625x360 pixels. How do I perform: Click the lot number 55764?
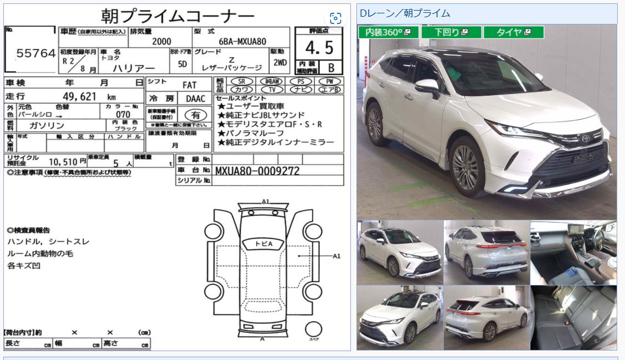(36, 53)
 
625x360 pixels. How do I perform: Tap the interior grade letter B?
(331, 68)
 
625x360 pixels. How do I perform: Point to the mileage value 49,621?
(75, 96)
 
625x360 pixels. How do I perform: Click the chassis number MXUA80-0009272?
(257, 171)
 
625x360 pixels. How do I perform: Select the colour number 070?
(123, 114)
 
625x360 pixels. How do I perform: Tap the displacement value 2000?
(161, 41)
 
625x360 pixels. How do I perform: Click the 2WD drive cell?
(280, 63)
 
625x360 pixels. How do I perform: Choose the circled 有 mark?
(196, 115)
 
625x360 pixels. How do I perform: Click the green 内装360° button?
(388, 32)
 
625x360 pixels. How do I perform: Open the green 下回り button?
(451, 32)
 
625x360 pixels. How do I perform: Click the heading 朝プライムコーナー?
(178, 15)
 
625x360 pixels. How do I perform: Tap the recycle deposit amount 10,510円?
(68, 161)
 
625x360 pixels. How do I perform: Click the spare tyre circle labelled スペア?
(314, 330)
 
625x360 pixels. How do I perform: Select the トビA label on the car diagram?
(264, 244)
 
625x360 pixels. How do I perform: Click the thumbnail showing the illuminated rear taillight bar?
(487, 252)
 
